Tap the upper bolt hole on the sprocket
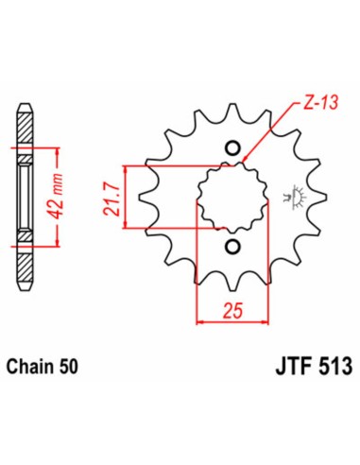232,147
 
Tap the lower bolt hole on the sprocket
232,247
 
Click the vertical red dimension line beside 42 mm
41,198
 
